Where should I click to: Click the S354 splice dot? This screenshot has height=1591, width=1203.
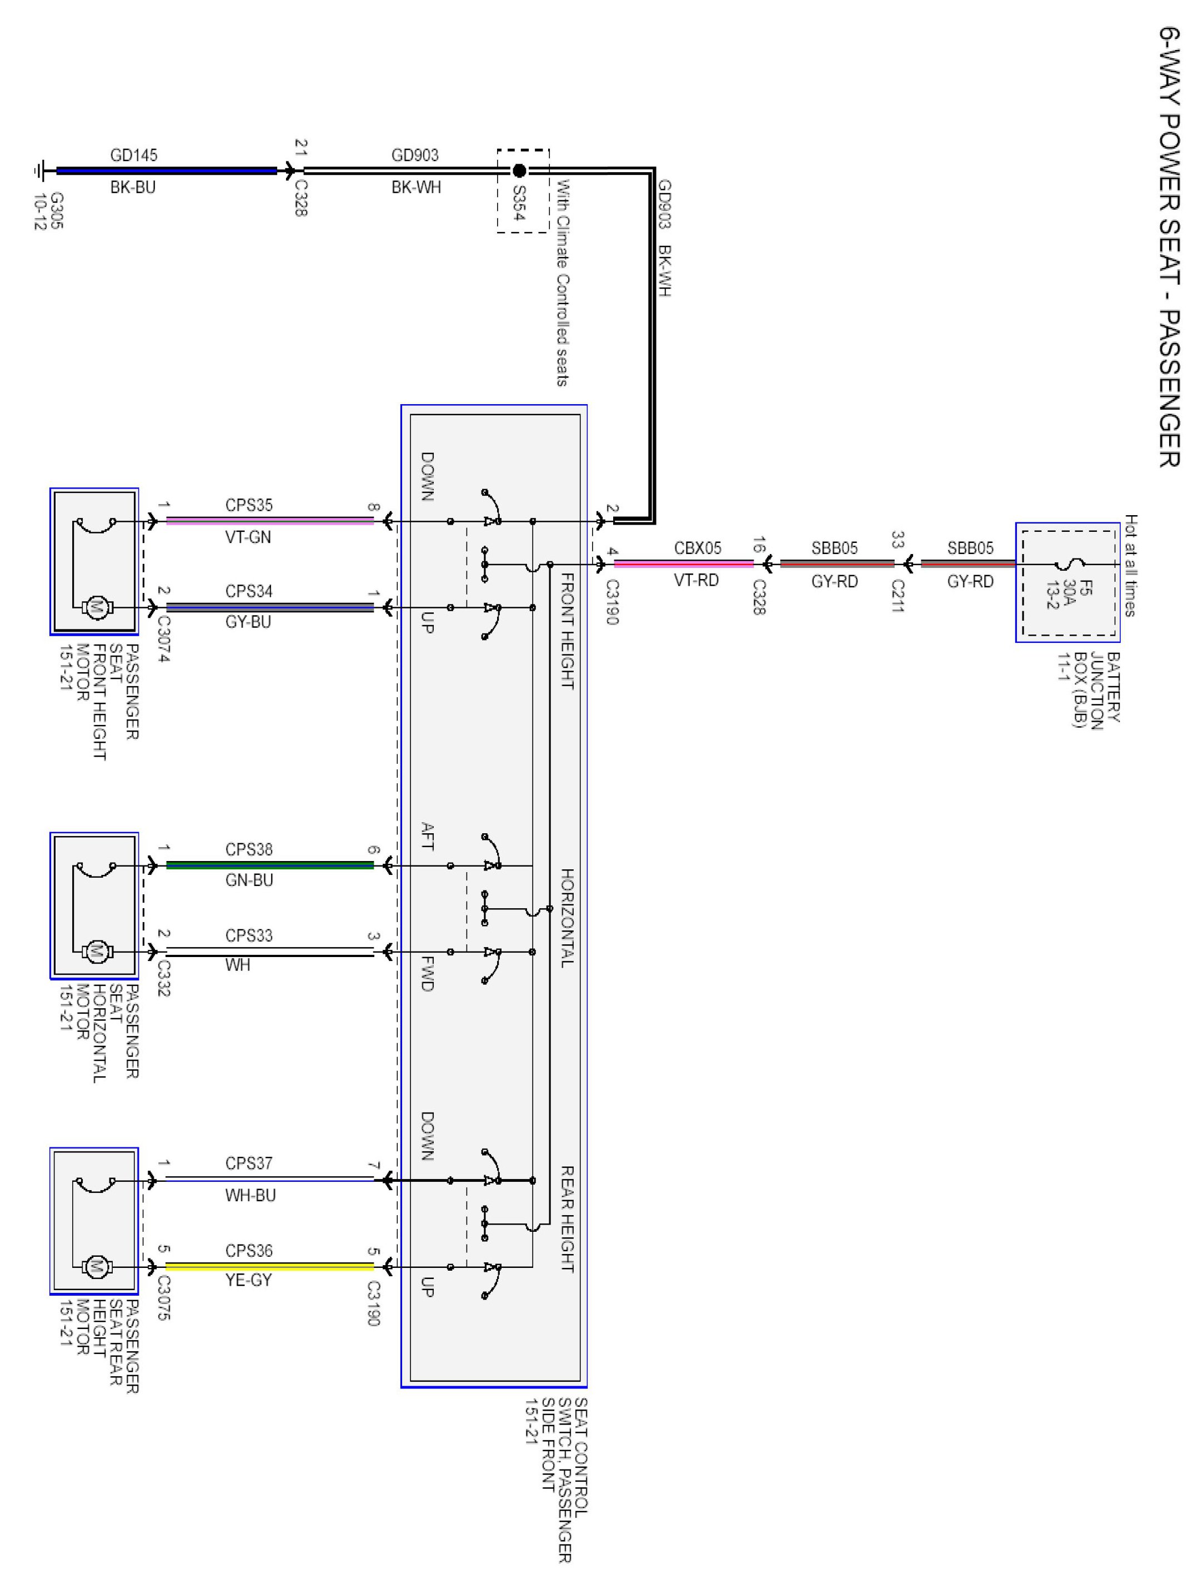[519, 171]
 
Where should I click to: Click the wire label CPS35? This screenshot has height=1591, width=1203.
[249, 506]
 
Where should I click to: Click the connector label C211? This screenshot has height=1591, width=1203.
[897, 596]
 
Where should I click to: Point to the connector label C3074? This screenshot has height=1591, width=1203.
[163, 639]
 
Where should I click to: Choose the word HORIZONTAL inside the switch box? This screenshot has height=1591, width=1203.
[568, 917]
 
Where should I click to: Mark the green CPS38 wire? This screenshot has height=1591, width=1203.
[270, 865]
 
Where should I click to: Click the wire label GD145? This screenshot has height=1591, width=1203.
[134, 155]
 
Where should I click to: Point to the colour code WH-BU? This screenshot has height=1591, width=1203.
[250, 1195]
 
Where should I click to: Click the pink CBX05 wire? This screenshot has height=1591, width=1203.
[684, 565]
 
